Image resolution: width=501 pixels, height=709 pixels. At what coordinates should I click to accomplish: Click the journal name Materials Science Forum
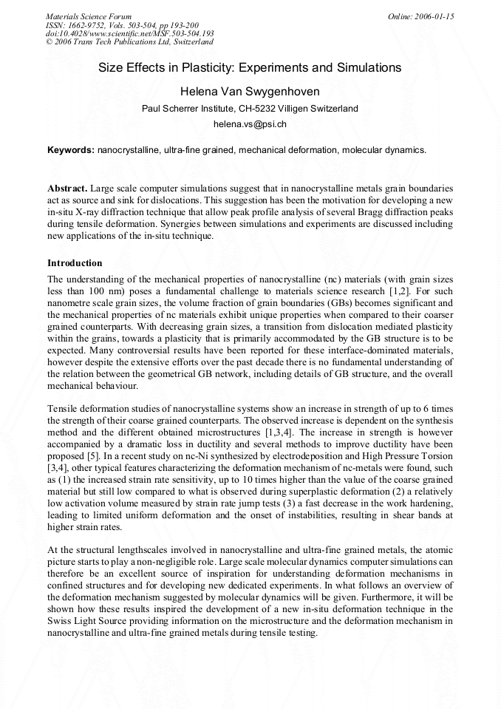click(x=89, y=16)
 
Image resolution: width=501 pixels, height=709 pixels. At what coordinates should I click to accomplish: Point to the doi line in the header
click(x=130, y=33)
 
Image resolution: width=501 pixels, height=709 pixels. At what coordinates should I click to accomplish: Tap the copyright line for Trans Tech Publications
click(x=130, y=42)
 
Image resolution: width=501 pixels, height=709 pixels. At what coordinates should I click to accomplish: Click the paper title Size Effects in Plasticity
click(x=250, y=67)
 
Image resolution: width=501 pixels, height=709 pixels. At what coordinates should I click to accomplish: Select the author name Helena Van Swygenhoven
click(x=250, y=91)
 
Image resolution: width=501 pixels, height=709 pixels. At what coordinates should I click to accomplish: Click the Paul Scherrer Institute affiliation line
click(x=250, y=109)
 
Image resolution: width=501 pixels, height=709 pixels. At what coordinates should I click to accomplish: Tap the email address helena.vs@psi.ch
click(x=250, y=124)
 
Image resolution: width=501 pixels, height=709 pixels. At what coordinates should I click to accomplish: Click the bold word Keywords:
click(x=71, y=149)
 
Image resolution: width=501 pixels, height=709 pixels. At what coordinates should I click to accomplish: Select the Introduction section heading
click(x=75, y=263)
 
